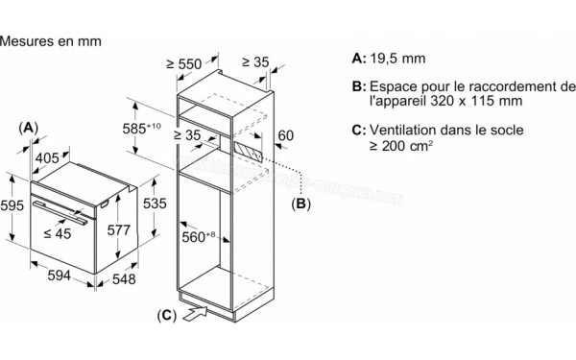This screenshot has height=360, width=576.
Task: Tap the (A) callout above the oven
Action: tap(28, 127)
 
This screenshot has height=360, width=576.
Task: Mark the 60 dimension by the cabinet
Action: tap(282, 136)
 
